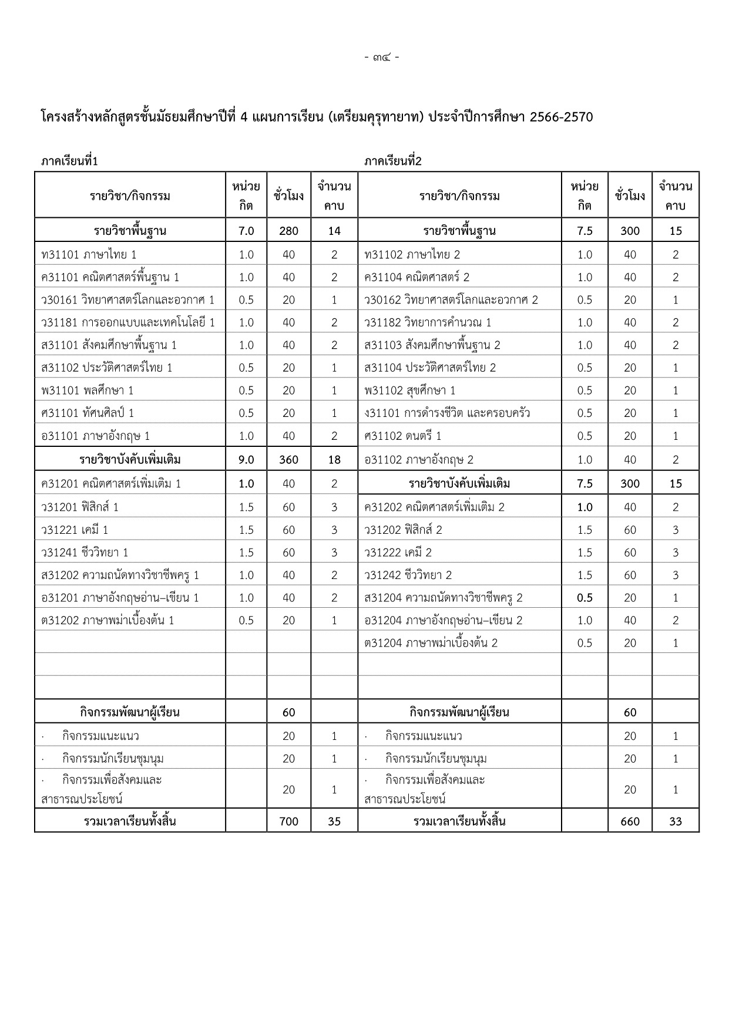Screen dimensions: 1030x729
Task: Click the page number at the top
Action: click(x=382, y=58)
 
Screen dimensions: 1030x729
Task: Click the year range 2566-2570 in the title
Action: click(x=561, y=117)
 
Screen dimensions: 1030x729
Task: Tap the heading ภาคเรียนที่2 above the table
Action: click(x=393, y=161)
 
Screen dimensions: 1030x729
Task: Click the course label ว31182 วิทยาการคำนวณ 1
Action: click(x=428, y=322)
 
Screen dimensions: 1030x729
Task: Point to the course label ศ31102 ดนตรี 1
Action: click(x=403, y=436)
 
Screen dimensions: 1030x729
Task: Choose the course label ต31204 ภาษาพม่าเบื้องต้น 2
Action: click(x=431, y=643)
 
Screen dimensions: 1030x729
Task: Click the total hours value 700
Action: click(x=288, y=821)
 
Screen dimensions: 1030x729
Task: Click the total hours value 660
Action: click(x=630, y=821)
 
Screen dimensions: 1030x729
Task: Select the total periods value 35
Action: click(x=334, y=821)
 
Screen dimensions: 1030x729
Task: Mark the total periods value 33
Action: click(x=676, y=821)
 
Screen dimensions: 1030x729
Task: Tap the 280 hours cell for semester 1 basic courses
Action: click(x=288, y=231)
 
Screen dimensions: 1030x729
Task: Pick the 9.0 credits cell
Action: click(x=246, y=459)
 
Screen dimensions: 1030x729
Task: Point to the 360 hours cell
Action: click(x=288, y=459)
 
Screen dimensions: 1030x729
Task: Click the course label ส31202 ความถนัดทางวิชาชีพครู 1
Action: click(x=120, y=575)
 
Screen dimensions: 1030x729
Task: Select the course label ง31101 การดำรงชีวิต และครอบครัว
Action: click(x=447, y=413)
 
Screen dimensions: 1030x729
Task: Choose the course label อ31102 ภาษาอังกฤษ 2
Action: click(x=419, y=459)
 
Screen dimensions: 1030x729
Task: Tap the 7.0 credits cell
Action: click(x=246, y=231)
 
